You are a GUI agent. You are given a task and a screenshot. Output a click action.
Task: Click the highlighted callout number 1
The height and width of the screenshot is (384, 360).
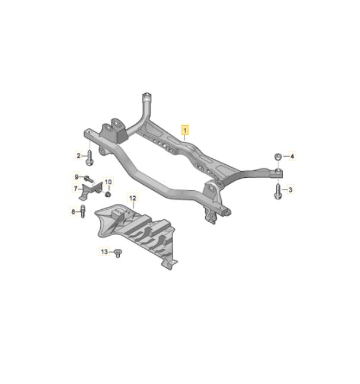point(185,130)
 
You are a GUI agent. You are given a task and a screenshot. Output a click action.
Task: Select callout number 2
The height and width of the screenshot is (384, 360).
point(78,155)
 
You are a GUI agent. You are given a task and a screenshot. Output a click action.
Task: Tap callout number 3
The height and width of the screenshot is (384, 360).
point(290,190)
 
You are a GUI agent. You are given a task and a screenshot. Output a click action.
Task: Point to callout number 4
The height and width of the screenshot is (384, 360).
point(292,156)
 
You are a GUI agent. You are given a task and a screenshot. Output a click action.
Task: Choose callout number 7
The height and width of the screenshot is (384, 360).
point(75,188)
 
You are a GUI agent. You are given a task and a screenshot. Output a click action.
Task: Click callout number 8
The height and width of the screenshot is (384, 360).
point(73,211)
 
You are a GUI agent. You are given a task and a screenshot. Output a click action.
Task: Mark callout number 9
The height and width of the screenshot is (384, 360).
point(77,177)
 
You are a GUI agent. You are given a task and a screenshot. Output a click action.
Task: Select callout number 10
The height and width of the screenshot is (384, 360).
point(108,182)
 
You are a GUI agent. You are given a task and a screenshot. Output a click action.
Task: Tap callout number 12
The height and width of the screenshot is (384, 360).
point(133,198)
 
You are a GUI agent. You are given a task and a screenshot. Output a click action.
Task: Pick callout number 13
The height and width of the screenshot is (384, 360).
point(104,251)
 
